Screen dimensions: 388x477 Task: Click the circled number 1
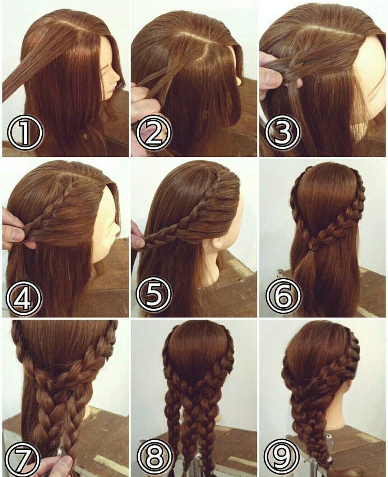click(25, 132)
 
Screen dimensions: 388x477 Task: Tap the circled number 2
click(153, 132)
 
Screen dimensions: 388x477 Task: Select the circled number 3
click(282, 132)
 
